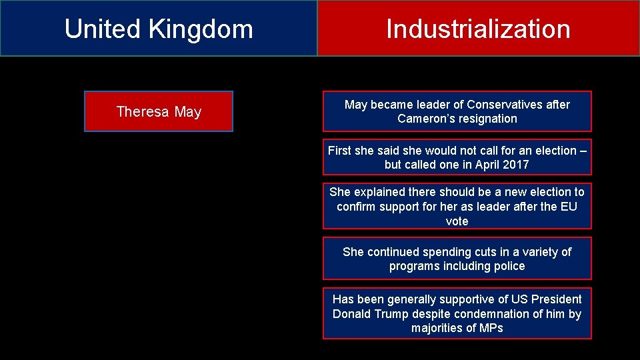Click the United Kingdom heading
tap(159, 29)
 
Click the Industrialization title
tap(478, 29)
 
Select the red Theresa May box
tap(159, 111)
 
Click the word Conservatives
tap(507, 105)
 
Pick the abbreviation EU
tap(568, 207)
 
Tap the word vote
tap(457, 221)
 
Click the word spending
tap(455, 252)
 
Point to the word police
tap(509, 266)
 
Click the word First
tap(340, 151)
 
